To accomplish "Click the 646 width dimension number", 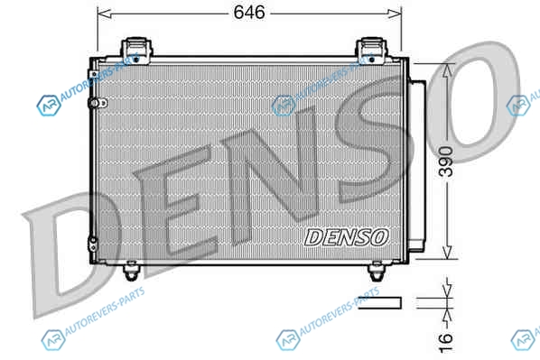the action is click(249, 13).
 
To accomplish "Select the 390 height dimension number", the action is click(447, 162).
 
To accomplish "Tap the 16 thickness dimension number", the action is click(446, 342).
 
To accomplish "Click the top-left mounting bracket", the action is click(136, 51).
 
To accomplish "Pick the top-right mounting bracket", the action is click(371, 51).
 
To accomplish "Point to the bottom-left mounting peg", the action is click(131, 270).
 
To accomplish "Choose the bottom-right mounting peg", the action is click(376, 270).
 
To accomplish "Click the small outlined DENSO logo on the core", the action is click(347, 237).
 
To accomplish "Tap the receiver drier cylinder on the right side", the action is click(417, 166).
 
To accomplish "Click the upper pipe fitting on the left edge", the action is click(98, 103).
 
